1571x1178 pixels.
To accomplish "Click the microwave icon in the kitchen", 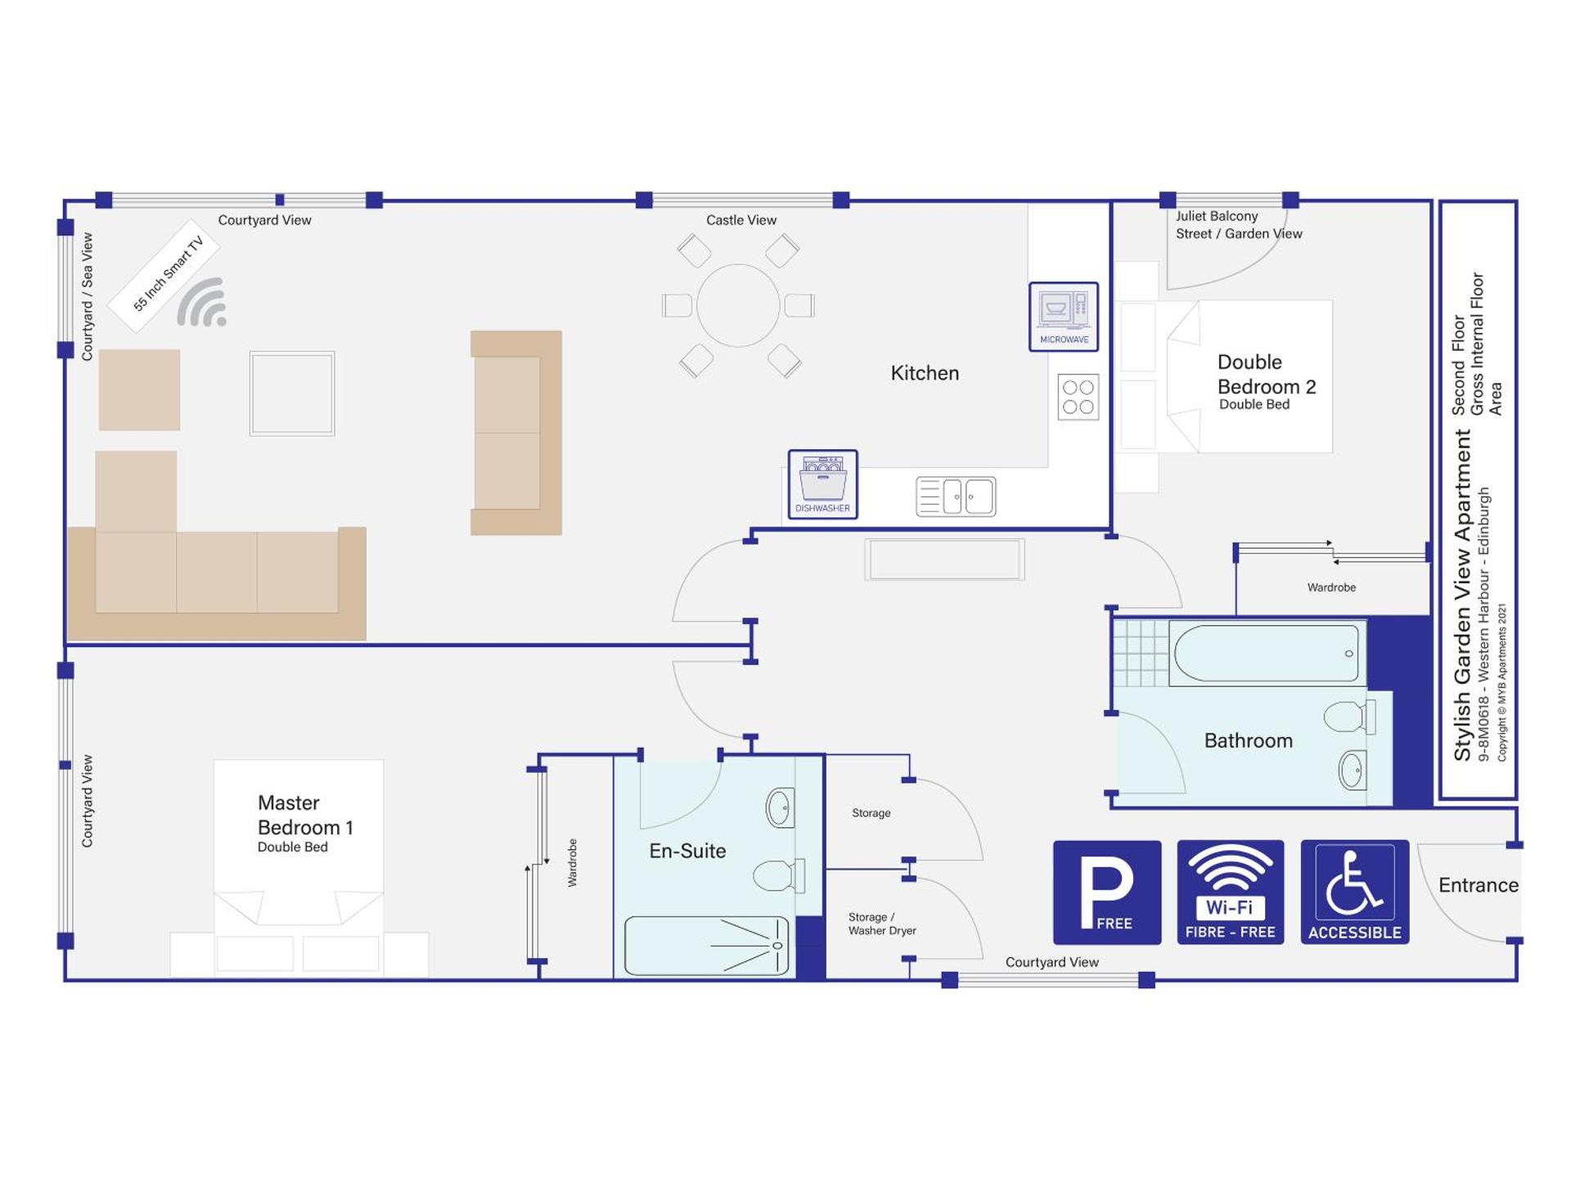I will pyautogui.click(x=1063, y=316).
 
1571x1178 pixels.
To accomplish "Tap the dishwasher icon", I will pyautogui.click(x=822, y=483).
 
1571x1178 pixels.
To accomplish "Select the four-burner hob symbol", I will pyautogui.click(x=1078, y=397).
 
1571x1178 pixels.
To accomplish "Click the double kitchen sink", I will pyautogui.click(x=956, y=497).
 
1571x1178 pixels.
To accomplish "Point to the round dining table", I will pyautogui.click(x=738, y=305).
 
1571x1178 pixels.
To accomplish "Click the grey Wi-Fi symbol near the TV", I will pyautogui.click(x=202, y=303).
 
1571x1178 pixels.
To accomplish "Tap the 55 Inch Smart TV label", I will pyautogui.click(x=168, y=274).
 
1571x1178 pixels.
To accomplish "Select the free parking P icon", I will pyautogui.click(x=1106, y=892).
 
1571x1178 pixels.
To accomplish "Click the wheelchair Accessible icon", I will pyautogui.click(x=1354, y=892).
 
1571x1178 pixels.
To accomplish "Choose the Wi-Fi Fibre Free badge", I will pyautogui.click(x=1230, y=892).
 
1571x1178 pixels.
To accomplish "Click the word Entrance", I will pyautogui.click(x=1478, y=885).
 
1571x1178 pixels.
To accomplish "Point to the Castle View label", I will pyautogui.click(x=741, y=220).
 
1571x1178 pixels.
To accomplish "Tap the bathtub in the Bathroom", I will pyautogui.click(x=1267, y=653).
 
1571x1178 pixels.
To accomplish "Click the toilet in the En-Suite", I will pyautogui.click(x=778, y=875).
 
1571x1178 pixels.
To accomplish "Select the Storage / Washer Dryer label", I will pyautogui.click(x=881, y=924).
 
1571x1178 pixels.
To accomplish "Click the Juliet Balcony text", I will pyautogui.click(x=1217, y=216).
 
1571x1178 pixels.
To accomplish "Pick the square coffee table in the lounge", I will pyautogui.click(x=292, y=393).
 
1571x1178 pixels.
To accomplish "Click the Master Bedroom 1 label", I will pyautogui.click(x=304, y=816).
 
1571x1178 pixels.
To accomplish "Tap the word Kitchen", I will pyautogui.click(x=925, y=373).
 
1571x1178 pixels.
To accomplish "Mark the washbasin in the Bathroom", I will pyautogui.click(x=1353, y=770).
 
